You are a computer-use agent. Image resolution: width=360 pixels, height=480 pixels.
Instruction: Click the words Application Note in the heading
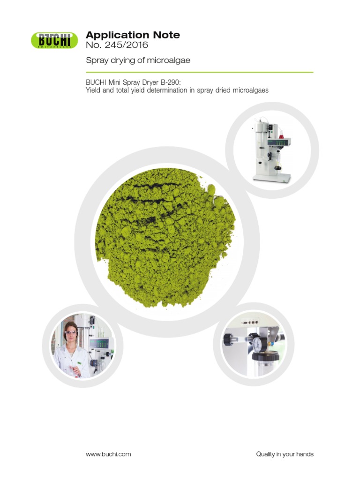coord(133,35)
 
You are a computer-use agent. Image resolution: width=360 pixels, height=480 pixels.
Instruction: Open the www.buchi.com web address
coord(108,454)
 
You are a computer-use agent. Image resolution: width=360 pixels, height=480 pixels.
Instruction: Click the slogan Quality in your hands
coord(285,454)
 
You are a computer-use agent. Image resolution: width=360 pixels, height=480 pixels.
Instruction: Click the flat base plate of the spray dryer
coord(272,179)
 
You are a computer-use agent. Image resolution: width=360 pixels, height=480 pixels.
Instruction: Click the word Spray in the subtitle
coord(96,60)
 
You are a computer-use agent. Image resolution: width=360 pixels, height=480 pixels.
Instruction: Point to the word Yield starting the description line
coord(93,90)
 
